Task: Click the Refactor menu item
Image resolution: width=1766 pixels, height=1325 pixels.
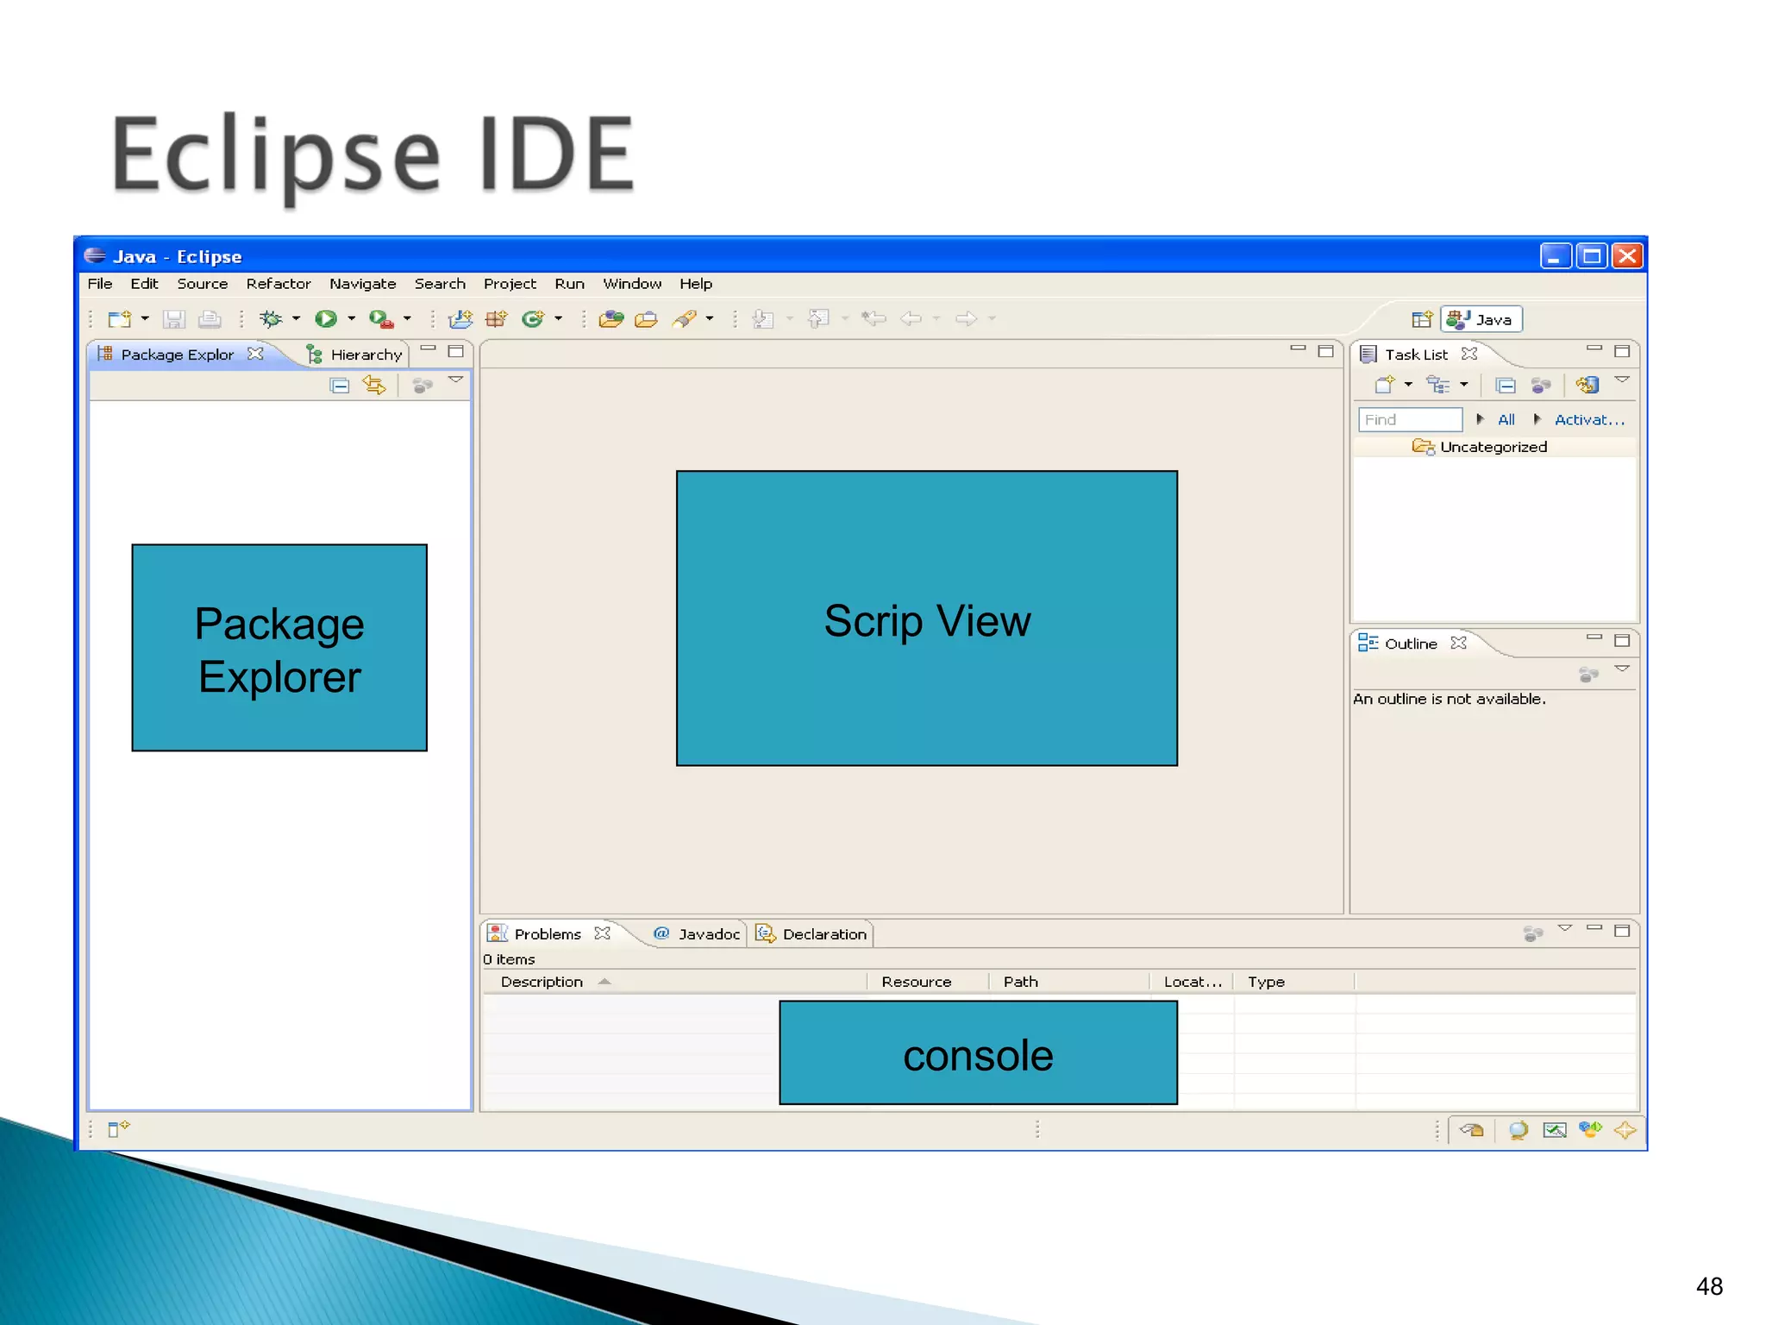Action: coord(278,284)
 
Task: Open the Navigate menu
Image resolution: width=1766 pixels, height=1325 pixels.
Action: coord(362,284)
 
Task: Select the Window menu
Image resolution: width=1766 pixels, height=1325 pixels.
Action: coord(632,284)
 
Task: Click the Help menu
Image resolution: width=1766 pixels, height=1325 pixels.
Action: coord(695,284)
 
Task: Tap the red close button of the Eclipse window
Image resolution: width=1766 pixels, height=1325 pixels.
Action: coord(1627,256)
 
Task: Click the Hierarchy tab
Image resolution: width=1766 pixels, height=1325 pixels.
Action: coord(366,355)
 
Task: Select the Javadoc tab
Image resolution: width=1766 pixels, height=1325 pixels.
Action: coord(708,934)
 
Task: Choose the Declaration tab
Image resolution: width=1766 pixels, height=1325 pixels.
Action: coord(824,934)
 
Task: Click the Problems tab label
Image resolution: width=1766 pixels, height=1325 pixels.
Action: coord(548,934)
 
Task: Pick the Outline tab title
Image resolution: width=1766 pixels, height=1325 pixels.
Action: coord(1411,644)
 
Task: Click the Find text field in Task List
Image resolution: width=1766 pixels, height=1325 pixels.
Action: coord(1410,420)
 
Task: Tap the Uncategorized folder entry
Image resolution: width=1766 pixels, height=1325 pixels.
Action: coord(1493,447)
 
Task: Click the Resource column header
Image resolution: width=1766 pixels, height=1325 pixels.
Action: coord(916,982)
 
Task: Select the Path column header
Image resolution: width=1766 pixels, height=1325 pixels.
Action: coord(1020,982)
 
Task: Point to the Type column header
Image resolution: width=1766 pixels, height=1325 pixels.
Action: coord(1266,982)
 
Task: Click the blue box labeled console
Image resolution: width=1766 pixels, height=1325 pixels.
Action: coord(978,1053)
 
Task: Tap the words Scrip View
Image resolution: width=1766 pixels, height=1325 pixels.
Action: coord(927,621)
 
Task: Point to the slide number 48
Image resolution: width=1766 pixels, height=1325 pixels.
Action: coord(1709,1286)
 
